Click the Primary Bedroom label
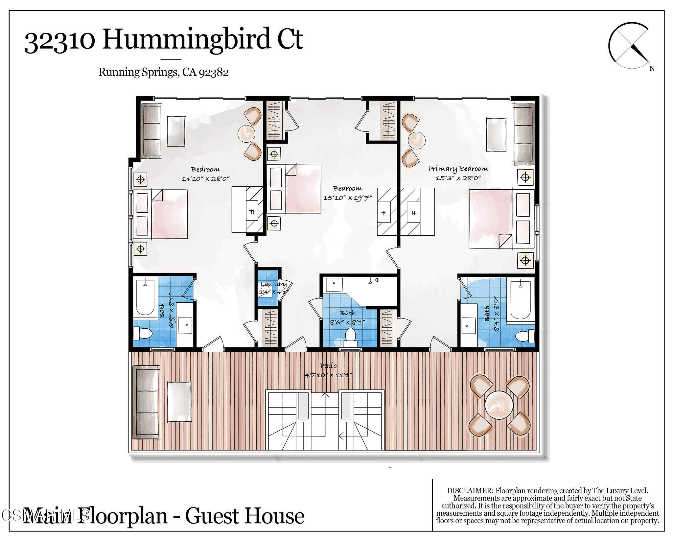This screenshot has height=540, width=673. click(x=458, y=169)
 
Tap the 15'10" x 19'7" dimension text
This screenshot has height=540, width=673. click(x=347, y=198)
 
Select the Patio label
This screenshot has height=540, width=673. click(x=328, y=365)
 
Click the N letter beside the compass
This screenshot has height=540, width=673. click(x=652, y=68)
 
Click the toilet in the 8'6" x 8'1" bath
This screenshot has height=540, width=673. click(x=350, y=336)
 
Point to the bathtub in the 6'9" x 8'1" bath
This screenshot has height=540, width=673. click(x=145, y=297)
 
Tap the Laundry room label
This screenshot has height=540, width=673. click(x=273, y=285)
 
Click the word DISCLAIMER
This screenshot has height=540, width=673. click(x=470, y=491)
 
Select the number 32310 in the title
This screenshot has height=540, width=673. click(x=59, y=41)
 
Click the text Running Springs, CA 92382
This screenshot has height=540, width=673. click(x=163, y=72)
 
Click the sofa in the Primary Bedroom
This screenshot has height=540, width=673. click(x=524, y=134)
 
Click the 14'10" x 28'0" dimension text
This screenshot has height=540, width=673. click(x=205, y=179)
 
